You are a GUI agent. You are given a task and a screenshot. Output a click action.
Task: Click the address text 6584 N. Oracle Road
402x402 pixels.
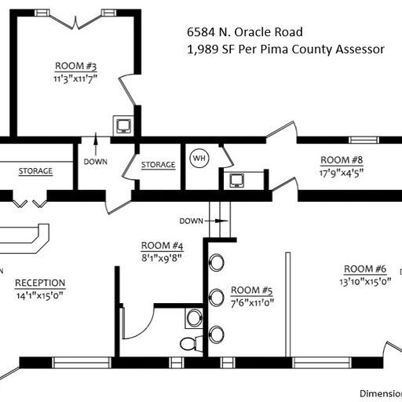244,32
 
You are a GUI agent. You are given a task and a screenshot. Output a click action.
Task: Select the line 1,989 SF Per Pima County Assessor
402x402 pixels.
285,49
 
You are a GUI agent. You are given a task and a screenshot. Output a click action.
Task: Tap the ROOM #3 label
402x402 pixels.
75,66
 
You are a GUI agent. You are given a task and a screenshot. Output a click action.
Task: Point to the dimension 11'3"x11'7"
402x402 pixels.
75,78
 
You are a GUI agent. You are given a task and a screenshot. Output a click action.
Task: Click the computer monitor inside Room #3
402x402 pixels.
122,124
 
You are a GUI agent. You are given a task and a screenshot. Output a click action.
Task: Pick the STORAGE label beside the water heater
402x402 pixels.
158,165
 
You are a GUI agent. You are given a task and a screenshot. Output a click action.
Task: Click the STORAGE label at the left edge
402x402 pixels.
35,171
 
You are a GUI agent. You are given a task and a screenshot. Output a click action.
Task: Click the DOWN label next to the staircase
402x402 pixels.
192,221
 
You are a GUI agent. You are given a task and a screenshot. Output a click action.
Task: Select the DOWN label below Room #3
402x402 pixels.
94,162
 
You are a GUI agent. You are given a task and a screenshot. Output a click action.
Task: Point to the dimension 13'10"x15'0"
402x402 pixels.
365,282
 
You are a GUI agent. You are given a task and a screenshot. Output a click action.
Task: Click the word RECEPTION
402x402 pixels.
40,283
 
